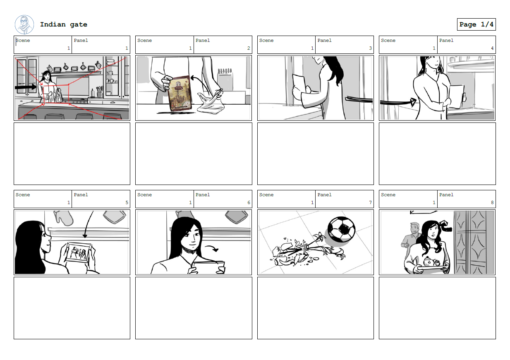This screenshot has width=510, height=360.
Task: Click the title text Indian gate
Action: point(63,24)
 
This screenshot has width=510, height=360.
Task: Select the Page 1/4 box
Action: point(476,24)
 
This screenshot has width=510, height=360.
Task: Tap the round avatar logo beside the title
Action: point(24,24)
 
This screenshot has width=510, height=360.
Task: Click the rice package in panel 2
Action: point(179,93)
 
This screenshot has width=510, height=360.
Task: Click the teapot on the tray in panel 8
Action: point(429,262)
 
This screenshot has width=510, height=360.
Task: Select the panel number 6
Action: point(249,203)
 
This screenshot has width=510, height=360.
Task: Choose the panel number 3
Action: point(370,48)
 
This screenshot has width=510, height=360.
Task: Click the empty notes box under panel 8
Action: point(437,308)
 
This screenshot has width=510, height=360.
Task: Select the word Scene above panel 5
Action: point(23,195)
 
